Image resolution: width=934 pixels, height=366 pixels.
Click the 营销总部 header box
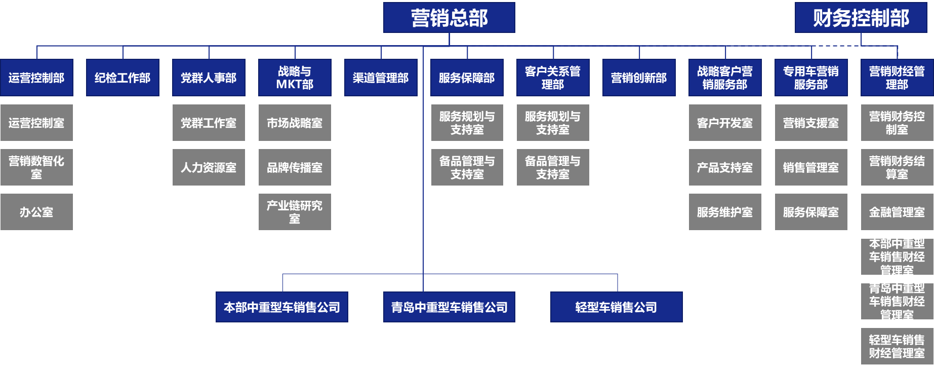coord(449,18)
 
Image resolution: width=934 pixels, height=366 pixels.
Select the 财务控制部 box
coord(861,18)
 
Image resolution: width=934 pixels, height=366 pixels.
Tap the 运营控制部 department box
coord(36,78)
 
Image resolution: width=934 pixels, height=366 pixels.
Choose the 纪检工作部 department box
coord(123,78)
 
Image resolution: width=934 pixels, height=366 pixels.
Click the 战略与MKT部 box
coord(295,78)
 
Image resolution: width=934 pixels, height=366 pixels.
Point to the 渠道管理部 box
coord(381,78)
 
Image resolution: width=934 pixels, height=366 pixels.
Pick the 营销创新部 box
coord(639,78)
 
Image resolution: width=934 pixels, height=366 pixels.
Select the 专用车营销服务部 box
coord(811,78)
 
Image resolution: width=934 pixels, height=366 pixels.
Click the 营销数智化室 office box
coord(36,167)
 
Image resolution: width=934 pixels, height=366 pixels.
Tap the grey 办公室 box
coord(36,212)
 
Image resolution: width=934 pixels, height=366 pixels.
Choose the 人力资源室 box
coord(209,167)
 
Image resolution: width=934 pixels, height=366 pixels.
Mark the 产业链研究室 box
coord(295,212)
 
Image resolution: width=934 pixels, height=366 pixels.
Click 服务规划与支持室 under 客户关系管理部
coord(553,123)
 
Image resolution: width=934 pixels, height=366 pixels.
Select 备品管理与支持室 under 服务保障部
coord(467,167)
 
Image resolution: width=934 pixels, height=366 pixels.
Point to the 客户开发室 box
coord(725,123)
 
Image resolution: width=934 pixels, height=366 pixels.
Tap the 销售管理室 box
coord(811,167)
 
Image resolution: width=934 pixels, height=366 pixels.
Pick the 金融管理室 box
coord(897,212)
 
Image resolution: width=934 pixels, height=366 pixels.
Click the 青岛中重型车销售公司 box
coord(449,307)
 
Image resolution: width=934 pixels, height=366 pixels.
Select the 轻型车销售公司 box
coord(616,307)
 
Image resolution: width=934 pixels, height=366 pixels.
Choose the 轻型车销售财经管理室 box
coord(897,346)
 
